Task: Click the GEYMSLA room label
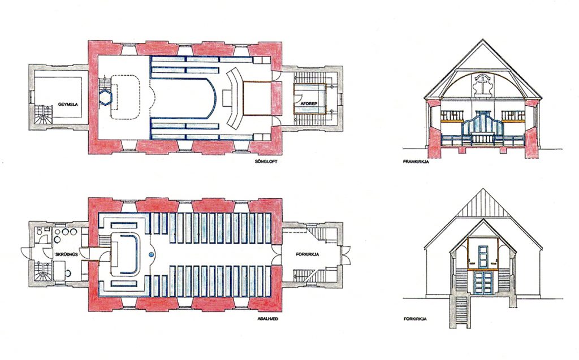click(68, 105)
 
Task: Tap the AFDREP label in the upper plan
click(309, 103)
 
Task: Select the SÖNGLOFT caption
click(266, 162)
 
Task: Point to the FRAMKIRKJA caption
click(416, 162)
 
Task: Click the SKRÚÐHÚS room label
click(67, 255)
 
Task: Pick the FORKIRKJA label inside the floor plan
click(307, 254)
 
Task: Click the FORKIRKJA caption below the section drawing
click(415, 319)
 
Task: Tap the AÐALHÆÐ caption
click(267, 319)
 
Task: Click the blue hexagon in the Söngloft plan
click(105, 97)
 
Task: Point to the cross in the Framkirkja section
click(482, 86)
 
